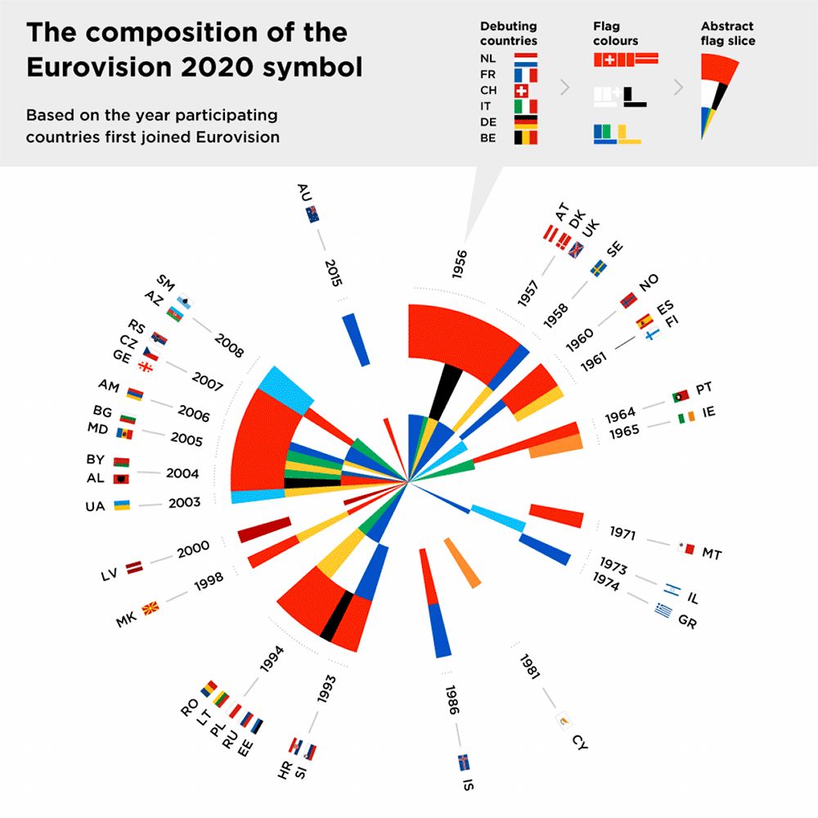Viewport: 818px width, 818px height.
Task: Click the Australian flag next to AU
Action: click(312, 214)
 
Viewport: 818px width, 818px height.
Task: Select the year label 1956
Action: click(460, 264)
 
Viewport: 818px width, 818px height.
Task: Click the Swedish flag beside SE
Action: click(599, 267)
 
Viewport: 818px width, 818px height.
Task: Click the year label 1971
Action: click(622, 533)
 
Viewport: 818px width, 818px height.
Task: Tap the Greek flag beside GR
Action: click(663, 609)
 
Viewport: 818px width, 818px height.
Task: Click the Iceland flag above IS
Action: click(463, 762)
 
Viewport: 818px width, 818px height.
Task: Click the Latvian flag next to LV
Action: click(133, 565)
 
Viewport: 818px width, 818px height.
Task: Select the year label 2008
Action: click(229, 345)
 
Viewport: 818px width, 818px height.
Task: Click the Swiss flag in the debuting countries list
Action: click(524, 91)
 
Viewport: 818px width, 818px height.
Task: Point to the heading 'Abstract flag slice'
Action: click(728, 33)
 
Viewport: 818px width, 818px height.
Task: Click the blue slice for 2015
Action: click(357, 339)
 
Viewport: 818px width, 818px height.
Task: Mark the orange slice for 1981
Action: click(463, 562)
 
